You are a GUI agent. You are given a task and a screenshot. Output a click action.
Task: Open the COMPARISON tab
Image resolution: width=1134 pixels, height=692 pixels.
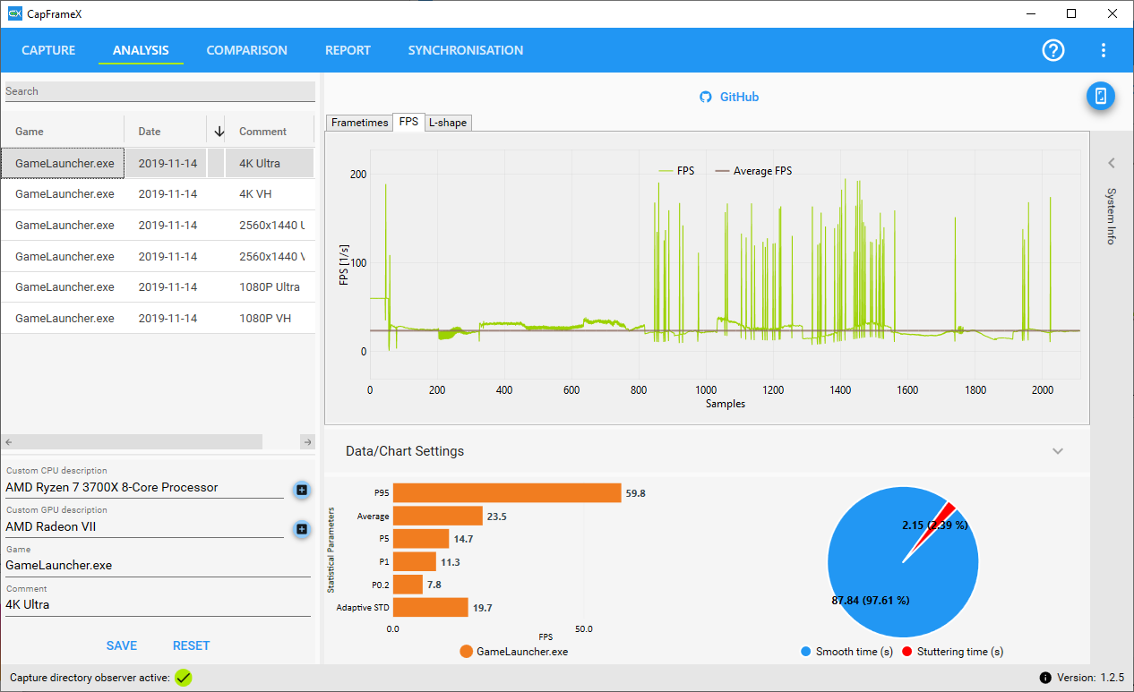click(x=246, y=50)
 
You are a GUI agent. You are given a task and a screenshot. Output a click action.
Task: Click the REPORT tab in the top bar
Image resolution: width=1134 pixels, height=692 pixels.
click(x=348, y=50)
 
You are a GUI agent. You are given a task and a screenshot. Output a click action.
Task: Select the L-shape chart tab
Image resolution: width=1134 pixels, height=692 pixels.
click(x=448, y=123)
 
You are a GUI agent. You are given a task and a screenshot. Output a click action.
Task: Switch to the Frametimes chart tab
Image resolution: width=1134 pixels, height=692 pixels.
click(x=359, y=123)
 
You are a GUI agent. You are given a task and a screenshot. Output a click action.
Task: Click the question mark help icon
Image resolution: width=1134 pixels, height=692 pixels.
click(x=1053, y=50)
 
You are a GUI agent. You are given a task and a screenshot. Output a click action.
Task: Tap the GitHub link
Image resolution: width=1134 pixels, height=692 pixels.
click(x=729, y=97)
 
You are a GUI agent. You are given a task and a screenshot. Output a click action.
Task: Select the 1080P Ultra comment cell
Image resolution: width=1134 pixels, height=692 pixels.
click(x=270, y=286)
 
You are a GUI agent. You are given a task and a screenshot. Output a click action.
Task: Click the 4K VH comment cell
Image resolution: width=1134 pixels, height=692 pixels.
click(x=255, y=193)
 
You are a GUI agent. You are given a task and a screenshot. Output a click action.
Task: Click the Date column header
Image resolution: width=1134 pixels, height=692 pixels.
click(x=150, y=131)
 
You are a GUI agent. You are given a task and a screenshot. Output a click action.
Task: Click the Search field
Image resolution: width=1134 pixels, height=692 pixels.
click(x=160, y=91)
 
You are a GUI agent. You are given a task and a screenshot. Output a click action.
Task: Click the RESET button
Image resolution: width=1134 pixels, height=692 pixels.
click(x=191, y=645)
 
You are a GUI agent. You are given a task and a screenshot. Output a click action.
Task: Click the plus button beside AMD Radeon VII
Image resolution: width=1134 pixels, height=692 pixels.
click(x=302, y=529)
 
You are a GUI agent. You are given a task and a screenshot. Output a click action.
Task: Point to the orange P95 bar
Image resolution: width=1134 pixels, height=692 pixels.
click(x=507, y=492)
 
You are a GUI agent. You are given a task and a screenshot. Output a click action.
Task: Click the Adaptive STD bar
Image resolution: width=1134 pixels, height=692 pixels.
click(x=430, y=608)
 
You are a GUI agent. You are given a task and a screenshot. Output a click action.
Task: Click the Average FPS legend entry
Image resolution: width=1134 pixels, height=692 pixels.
click(x=753, y=171)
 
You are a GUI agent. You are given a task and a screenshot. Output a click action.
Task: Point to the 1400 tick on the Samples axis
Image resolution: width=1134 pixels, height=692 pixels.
click(x=840, y=390)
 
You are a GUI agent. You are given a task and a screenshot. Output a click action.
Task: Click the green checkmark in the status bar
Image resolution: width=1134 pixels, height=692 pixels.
click(x=184, y=678)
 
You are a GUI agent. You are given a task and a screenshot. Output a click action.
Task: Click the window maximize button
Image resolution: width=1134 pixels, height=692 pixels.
click(x=1071, y=13)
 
